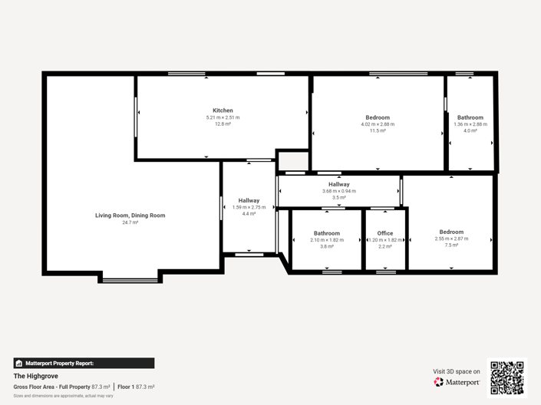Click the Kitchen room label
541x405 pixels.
[223, 110]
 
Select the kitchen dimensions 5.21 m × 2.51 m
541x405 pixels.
[223, 117]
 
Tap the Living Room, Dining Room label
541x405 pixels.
[130, 216]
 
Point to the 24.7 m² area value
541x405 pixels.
[130, 222]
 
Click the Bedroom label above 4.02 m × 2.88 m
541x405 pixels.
[378, 117]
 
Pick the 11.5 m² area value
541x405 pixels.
[378, 131]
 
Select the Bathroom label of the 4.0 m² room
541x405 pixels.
[470, 117]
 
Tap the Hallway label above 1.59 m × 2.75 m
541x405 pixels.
[249, 200]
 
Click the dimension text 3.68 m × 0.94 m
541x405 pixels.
[338, 191]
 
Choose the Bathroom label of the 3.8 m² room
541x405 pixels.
[327, 233]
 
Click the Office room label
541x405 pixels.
[385, 233]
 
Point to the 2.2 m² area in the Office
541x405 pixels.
[385, 246]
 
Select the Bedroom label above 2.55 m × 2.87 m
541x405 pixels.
[451, 232]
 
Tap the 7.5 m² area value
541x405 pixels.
[451, 245]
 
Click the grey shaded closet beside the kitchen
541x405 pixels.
[292, 161]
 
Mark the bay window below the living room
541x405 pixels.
[130, 279]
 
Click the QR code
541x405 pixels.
[506, 377]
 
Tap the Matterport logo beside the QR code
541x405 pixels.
[457, 382]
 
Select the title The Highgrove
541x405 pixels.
[36, 376]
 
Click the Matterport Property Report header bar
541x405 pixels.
[84, 363]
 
